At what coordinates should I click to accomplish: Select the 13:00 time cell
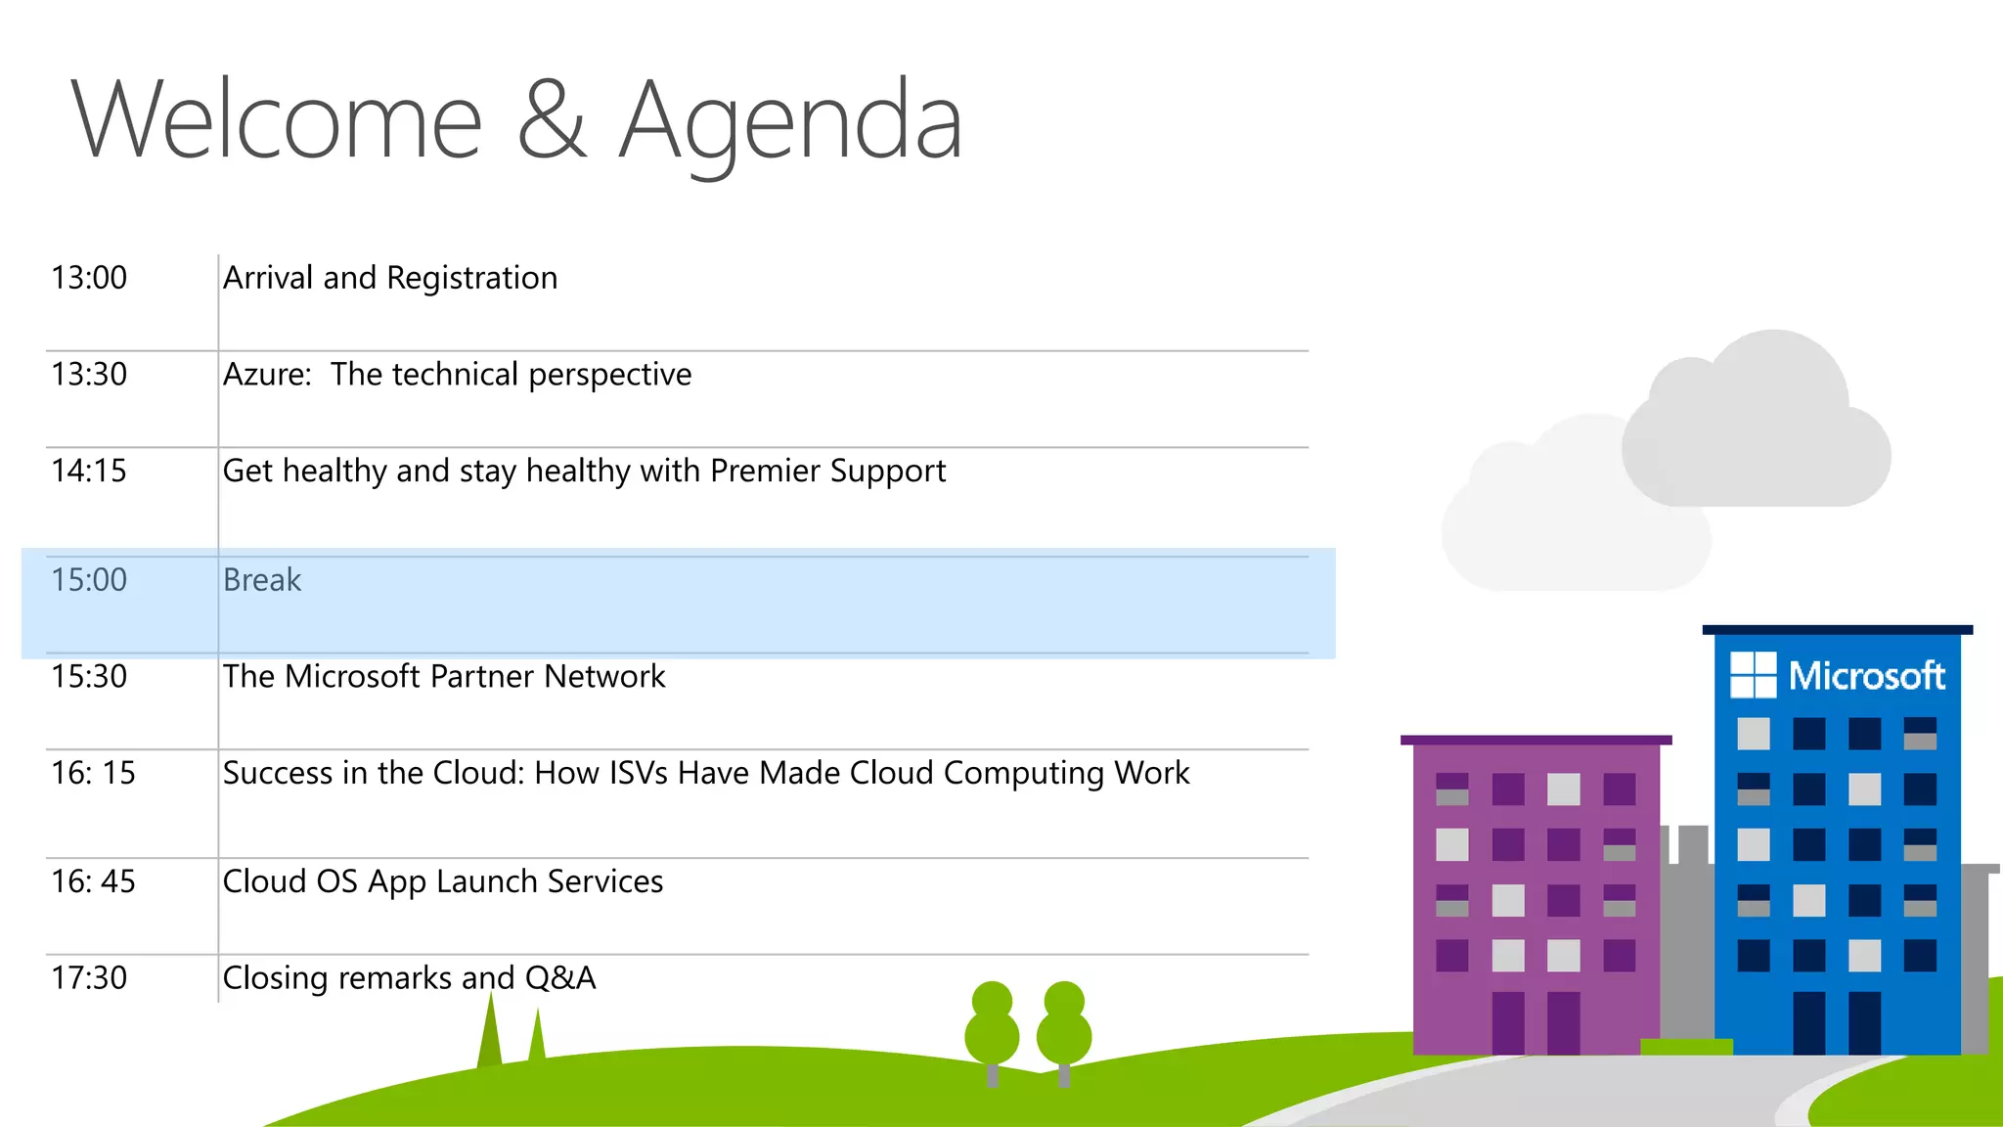pos(89,278)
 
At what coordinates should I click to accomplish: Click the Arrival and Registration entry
pos(390,278)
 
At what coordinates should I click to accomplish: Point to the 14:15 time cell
pos(89,471)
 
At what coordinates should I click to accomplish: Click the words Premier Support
pos(827,471)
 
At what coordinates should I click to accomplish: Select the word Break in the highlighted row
pos(262,580)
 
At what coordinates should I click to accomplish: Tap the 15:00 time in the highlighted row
pos(89,580)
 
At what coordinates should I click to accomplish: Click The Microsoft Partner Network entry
pos(444,676)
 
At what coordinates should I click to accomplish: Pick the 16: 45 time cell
pos(93,881)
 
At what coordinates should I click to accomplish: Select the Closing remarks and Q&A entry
pos(409,977)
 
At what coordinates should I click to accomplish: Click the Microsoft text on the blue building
pos(1866,676)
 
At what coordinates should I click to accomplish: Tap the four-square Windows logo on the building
pos(1753,675)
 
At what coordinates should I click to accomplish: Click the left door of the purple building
pos(1508,1022)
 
